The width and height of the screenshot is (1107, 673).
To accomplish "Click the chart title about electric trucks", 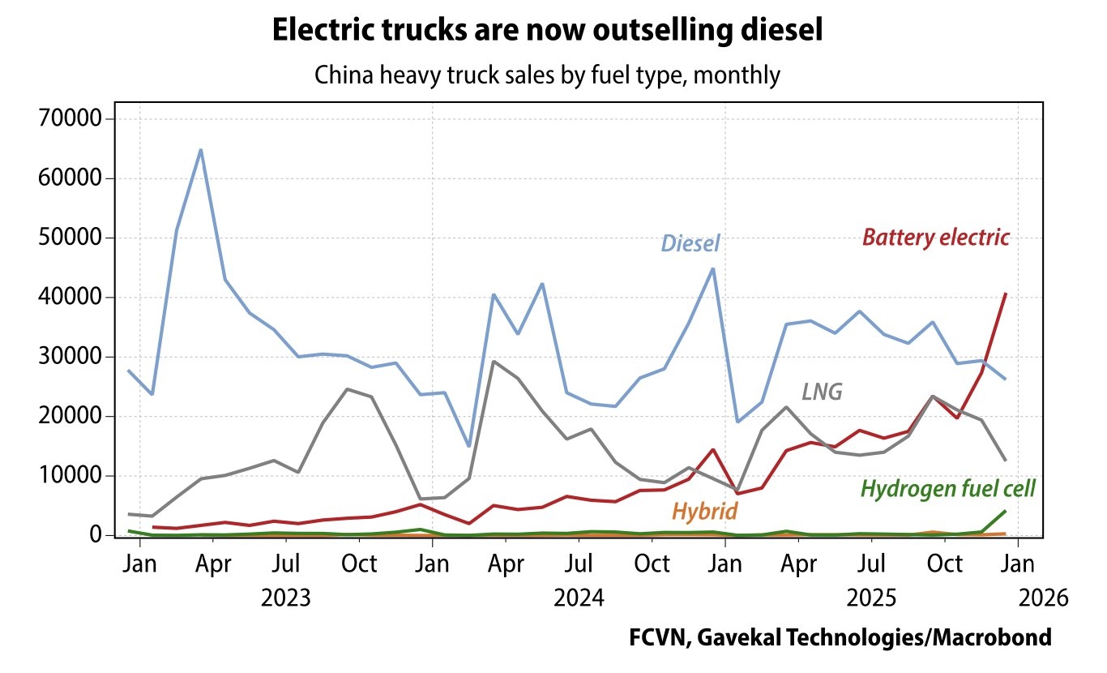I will click(548, 30).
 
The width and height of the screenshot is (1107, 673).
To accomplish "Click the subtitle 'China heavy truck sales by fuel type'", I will click(548, 75).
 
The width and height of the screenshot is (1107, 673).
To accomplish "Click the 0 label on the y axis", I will click(95, 535).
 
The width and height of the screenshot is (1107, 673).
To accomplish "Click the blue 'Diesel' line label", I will click(690, 243).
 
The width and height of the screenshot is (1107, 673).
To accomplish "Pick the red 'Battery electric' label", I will click(936, 238).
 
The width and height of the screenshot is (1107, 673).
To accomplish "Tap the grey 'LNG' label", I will click(822, 392).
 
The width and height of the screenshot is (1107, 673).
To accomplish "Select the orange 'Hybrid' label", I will click(704, 512).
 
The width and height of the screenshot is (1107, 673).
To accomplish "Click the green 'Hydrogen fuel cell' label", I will click(947, 489).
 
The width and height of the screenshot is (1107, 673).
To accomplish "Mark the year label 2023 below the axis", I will click(285, 598).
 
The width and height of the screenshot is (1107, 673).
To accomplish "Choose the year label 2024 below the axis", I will click(579, 598).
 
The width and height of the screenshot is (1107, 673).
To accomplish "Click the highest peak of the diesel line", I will click(200, 150).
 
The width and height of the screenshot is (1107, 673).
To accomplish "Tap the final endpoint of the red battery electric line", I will click(1006, 294).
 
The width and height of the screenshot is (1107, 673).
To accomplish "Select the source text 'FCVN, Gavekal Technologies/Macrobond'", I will click(840, 637).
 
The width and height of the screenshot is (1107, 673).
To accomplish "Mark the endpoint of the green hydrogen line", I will click(1006, 511).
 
